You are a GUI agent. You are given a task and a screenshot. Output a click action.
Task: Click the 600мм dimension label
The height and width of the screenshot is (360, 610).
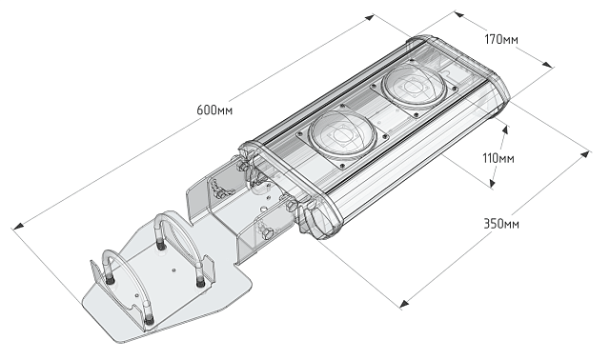point(215,110)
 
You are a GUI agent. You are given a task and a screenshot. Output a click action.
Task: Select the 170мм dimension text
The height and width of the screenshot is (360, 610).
point(502,40)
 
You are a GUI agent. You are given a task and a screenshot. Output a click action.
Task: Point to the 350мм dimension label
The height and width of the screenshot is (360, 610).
point(500,224)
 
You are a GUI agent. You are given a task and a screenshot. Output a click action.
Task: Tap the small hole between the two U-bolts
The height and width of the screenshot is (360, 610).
point(173,270)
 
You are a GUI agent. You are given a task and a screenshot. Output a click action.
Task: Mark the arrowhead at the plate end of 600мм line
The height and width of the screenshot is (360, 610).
point(16,226)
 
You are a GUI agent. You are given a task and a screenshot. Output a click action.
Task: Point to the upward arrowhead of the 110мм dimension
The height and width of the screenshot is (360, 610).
point(504,123)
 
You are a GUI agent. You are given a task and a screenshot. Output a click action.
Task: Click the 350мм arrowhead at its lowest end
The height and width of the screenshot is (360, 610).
point(404,304)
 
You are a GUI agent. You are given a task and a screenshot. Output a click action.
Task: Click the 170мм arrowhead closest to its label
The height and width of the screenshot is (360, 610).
point(458,14)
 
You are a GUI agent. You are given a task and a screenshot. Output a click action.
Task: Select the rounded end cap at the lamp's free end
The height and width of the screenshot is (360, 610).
point(496,90)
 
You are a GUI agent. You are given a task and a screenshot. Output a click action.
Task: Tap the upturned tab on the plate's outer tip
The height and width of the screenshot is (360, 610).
point(100,277)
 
